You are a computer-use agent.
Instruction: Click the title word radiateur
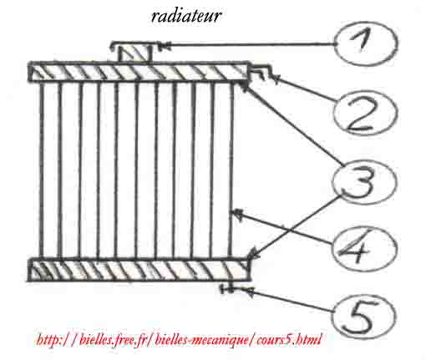186,16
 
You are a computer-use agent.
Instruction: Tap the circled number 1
366,43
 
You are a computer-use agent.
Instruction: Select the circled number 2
365,114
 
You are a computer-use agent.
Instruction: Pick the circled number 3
364,181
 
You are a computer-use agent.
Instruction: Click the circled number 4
364,249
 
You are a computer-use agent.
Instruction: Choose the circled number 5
363,316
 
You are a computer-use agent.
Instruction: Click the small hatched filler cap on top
135,53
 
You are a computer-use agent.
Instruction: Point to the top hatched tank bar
139,72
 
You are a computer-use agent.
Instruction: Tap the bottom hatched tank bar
139,270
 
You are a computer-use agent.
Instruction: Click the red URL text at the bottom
179,340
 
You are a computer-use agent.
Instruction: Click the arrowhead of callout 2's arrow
275,79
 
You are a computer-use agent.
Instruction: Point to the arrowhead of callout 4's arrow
236,214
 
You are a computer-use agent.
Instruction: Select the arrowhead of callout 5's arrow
246,291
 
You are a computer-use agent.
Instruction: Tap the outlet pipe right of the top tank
259,71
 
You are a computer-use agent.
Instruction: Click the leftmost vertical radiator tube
42,170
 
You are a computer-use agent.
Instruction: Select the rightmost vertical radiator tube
231,170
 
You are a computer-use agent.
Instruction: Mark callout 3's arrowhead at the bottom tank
251,254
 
